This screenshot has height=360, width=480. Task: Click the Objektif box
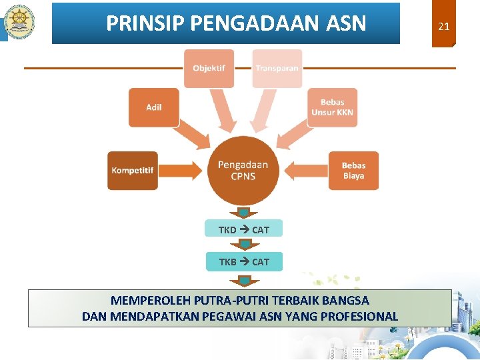209,69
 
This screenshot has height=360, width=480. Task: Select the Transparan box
277,69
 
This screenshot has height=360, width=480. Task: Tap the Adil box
154,107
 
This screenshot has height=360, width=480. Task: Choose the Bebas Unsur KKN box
332,107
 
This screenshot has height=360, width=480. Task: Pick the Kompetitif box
133,171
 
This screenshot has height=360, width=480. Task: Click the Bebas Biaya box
353,171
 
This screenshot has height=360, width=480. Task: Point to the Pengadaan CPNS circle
243,171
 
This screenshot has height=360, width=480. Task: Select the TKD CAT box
243,229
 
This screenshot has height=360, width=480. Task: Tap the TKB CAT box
243,262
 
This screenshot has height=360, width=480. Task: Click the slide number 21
443,27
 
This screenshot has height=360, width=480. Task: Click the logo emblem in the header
19,23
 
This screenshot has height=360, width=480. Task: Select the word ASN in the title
347,24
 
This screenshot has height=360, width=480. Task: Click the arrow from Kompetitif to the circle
180,171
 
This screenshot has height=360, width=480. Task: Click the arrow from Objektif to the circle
223,110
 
